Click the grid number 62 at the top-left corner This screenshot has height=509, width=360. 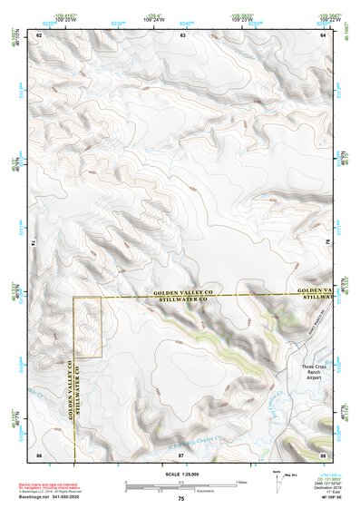click(39, 34)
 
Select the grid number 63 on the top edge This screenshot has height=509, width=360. click(182, 34)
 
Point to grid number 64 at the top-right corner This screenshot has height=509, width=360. click(324, 34)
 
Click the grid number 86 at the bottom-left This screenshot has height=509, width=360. click(39, 453)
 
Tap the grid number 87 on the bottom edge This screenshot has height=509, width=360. click(181, 453)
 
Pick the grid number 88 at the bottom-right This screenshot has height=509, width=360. click(324, 453)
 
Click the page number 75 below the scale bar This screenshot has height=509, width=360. click(181, 499)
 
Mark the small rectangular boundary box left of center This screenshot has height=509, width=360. click(87, 326)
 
